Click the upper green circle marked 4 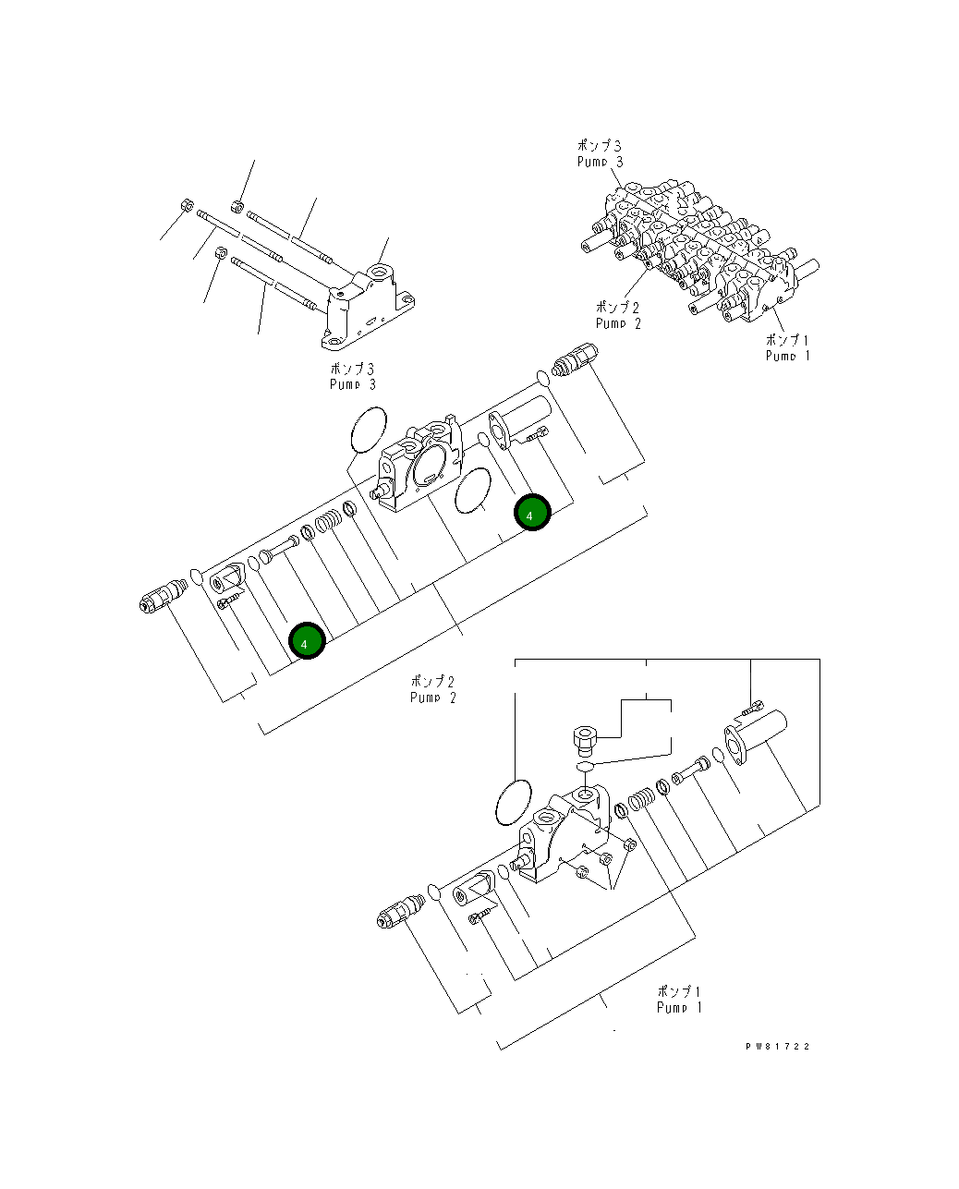coord(532,513)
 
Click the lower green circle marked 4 coord(307,641)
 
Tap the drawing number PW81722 coord(778,1047)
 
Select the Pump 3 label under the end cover coord(352,376)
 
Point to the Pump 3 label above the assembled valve coord(600,153)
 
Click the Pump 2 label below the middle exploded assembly coord(432,689)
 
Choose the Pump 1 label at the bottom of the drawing coord(679,999)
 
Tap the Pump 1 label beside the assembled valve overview coord(787,347)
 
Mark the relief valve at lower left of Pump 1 coord(400,912)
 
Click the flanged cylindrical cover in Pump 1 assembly coord(754,734)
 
